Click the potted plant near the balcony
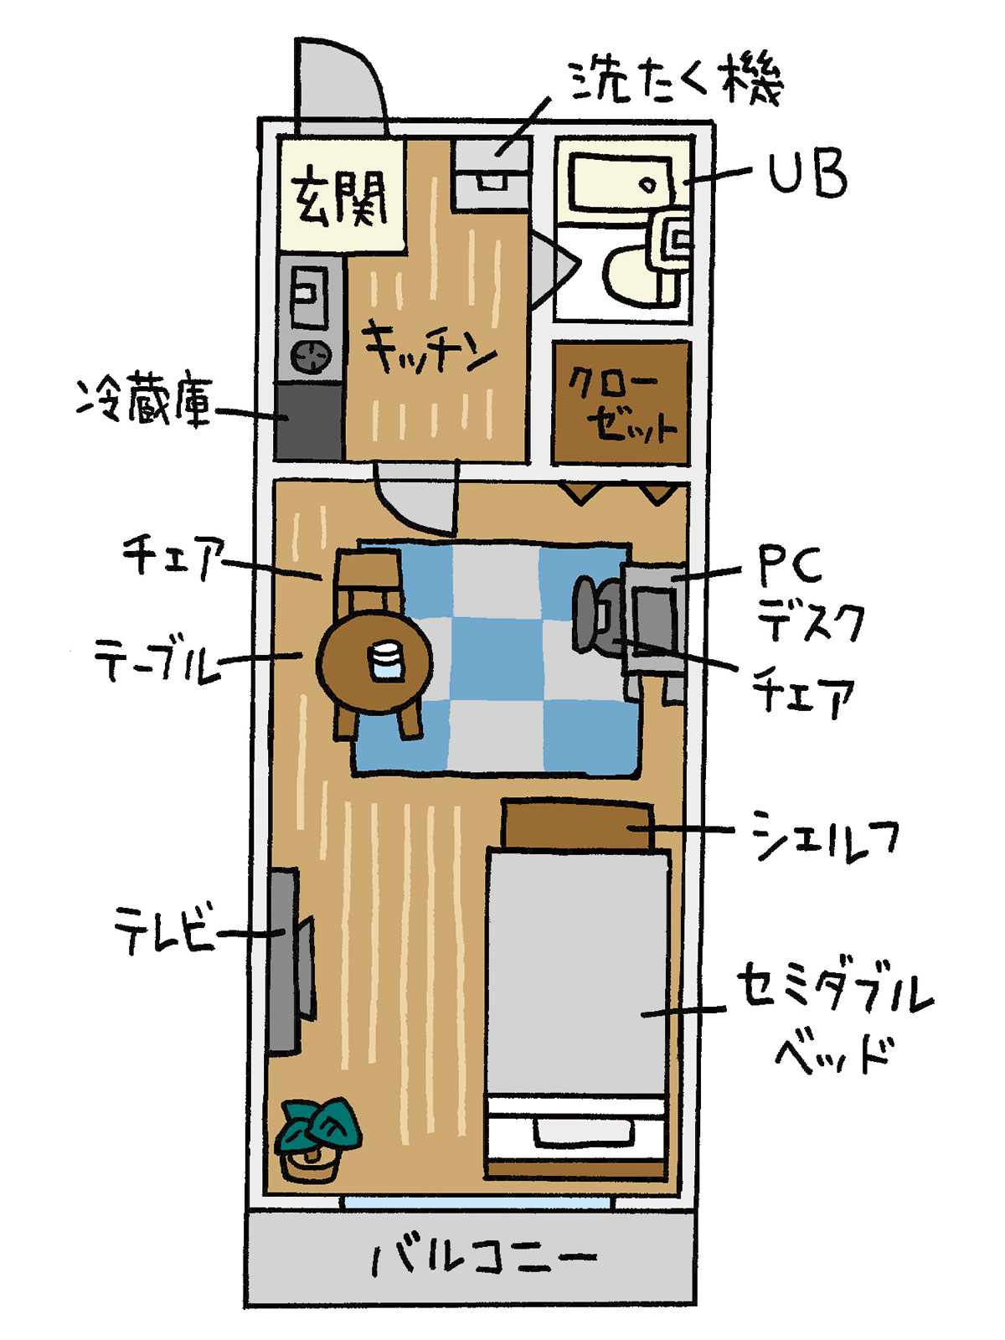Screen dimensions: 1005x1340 tap(317, 1141)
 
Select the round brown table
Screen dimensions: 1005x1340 tap(374, 662)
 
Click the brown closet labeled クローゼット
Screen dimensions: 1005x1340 tap(621, 402)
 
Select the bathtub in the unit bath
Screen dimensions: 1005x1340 tap(621, 182)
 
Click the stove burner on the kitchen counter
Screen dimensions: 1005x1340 tap(312, 356)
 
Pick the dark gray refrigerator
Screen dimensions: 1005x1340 tap(308, 420)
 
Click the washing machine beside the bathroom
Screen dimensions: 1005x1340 tap(492, 175)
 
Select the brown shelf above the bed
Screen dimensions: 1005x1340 tap(577, 823)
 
